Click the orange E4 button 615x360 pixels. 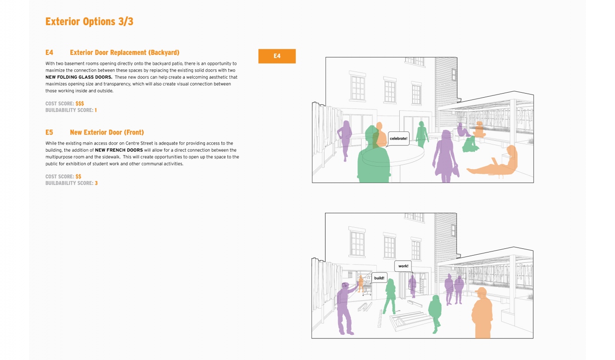point(277,56)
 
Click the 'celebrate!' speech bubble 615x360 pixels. point(398,139)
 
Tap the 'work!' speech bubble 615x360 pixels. point(403,266)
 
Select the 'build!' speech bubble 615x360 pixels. point(379,278)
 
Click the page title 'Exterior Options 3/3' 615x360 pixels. point(89,22)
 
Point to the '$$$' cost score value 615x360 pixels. point(80,103)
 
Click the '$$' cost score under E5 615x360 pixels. point(78,176)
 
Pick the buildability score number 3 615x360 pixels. point(96,183)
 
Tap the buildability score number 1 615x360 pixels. point(95,110)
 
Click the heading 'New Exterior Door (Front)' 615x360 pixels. point(107,132)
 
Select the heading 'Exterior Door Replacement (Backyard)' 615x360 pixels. point(125,52)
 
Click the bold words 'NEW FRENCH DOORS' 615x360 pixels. point(119,150)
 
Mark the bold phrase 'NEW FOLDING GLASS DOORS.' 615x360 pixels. point(79,77)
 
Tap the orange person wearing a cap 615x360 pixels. point(482,313)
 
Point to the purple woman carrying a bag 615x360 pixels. point(445,157)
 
